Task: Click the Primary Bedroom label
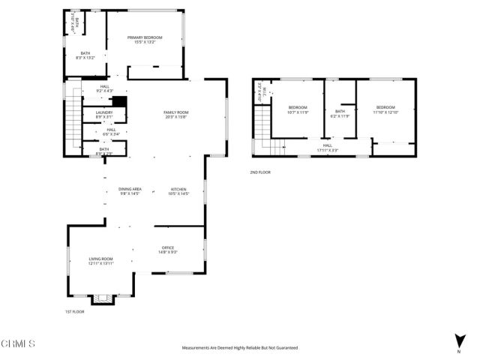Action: coord(144,40)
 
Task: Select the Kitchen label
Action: coord(178,191)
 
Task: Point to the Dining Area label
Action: coord(130,191)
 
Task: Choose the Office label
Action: coord(168,250)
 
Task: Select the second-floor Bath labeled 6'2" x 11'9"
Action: coord(340,114)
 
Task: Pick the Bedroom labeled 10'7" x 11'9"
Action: coord(298,109)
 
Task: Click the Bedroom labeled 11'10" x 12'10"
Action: coord(385,109)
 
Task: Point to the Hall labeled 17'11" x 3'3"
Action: coord(327,148)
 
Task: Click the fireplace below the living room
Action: coord(101,299)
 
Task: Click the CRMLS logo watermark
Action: coord(18,344)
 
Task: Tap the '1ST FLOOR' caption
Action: coord(74,311)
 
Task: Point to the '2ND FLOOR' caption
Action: coord(261,172)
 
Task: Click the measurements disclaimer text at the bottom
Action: coord(240,348)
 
